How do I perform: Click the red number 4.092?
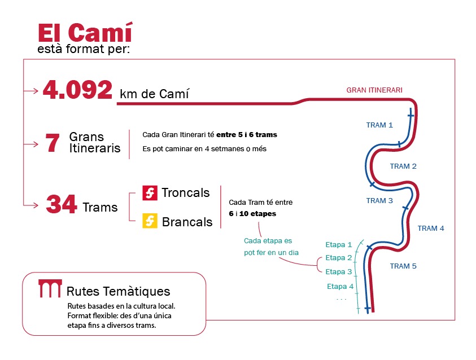pyautogui.click(x=77, y=90)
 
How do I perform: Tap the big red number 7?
pyautogui.click(x=52, y=143)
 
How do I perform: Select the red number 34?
pyautogui.click(x=62, y=204)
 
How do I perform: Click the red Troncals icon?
pyautogui.click(x=150, y=193)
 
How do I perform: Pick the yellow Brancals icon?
pyautogui.click(x=150, y=221)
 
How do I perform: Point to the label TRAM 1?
pyautogui.click(x=379, y=125)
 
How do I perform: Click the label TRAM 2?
pyautogui.click(x=403, y=166)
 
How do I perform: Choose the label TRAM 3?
pyautogui.click(x=379, y=200)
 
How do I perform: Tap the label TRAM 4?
pyautogui.click(x=431, y=228)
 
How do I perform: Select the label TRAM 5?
pyautogui.click(x=403, y=266)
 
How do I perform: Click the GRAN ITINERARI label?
pyautogui.click(x=374, y=90)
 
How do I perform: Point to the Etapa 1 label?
pyautogui.click(x=338, y=244)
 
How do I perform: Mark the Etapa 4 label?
pyautogui.click(x=340, y=286)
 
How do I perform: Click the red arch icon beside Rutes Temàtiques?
pyautogui.click(x=50, y=288)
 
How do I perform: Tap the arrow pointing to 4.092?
pyautogui.click(x=31, y=91)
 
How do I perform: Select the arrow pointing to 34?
pyautogui.click(x=31, y=205)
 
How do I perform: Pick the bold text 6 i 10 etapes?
pyautogui.click(x=252, y=213)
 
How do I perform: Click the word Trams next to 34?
pyautogui.click(x=100, y=208)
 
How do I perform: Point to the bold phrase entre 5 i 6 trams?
pyautogui.click(x=247, y=135)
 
